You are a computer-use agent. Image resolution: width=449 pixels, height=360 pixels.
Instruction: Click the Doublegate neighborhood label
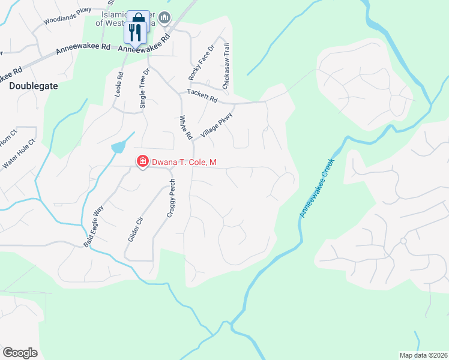click(34, 86)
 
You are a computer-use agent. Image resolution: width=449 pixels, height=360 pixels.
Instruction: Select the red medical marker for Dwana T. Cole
click(143, 161)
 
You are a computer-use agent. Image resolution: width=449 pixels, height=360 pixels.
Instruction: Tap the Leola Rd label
click(119, 86)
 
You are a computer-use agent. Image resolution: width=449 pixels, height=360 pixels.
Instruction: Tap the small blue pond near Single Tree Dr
click(118, 146)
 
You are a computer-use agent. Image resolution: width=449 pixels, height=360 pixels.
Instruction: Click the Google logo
click(20, 352)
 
